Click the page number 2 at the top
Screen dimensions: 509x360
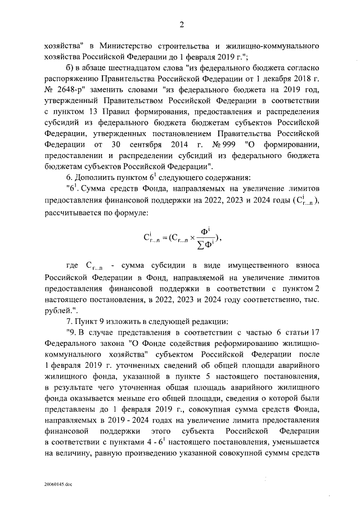[182, 24]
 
